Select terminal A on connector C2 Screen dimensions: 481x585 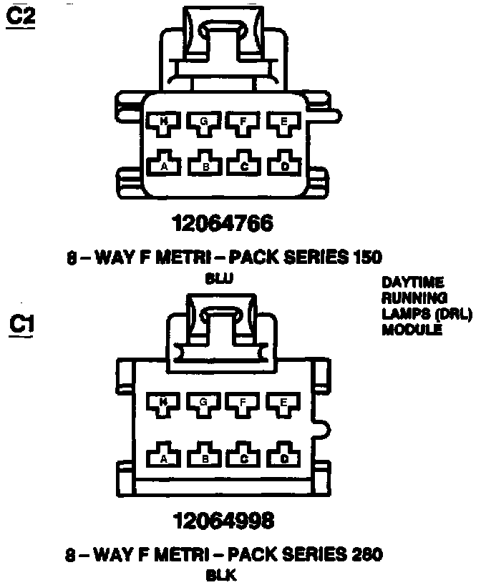click(x=164, y=165)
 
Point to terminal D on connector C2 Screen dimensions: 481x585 click(x=284, y=165)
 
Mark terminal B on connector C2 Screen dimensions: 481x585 click(x=205, y=165)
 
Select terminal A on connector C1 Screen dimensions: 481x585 click(x=164, y=457)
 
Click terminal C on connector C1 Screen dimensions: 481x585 click(x=244, y=457)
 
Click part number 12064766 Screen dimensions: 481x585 click(x=223, y=224)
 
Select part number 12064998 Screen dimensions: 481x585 click(x=223, y=520)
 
